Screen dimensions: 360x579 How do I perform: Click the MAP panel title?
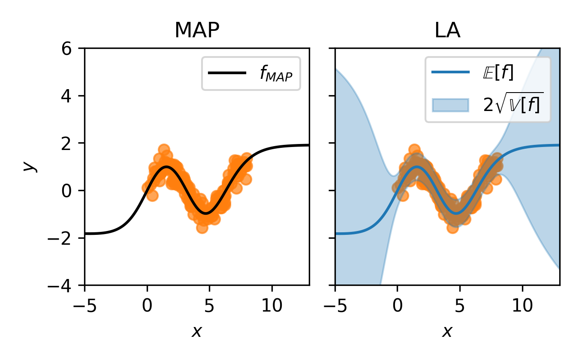click(197, 31)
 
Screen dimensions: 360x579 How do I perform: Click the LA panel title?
click(447, 31)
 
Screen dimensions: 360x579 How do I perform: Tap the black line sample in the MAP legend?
click(227, 73)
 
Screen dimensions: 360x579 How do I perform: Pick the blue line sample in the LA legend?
click(450, 72)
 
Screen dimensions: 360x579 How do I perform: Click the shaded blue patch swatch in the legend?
click(450, 105)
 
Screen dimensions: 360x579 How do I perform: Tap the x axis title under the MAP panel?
click(197, 331)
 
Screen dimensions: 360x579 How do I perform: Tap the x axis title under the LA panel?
click(447, 331)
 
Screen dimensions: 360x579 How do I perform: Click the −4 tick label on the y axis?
click(63, 285)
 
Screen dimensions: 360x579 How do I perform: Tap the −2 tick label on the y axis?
click(63, 238)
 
